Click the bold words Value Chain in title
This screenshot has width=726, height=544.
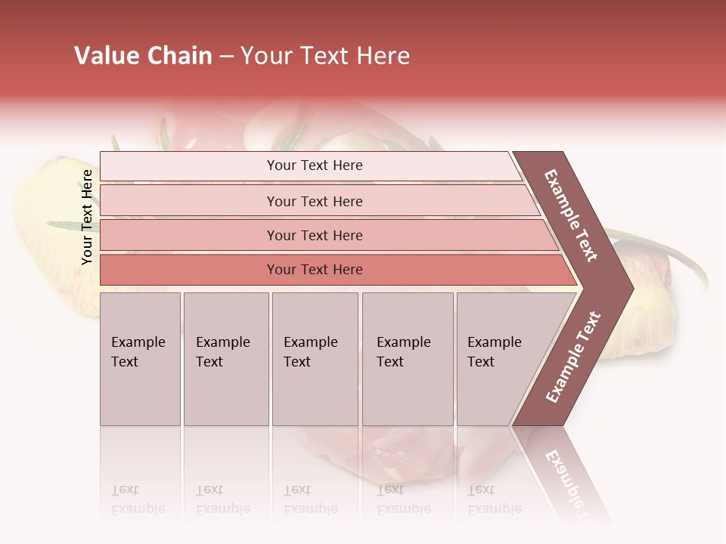click(x=143, y=56)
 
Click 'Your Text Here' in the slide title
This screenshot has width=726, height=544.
click(x=325, y=56)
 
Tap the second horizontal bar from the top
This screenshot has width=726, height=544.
click(x=315, y=201)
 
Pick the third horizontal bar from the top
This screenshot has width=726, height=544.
click(x=315, y=235)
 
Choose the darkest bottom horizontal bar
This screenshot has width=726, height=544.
click(x=315, y=270)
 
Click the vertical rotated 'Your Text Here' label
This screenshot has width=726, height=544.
click(x=87, y=217)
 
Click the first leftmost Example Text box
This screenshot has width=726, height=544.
click(x=140, y=359)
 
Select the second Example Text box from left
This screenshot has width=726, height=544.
click(x=225, y=359)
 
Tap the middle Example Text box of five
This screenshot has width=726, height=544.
click(x=315, y=359)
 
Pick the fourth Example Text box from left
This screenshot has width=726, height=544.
click(x=407, y=359)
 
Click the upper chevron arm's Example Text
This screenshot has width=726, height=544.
click(x=571, y=215)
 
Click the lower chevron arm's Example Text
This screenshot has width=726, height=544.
click(x=573, y=357)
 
